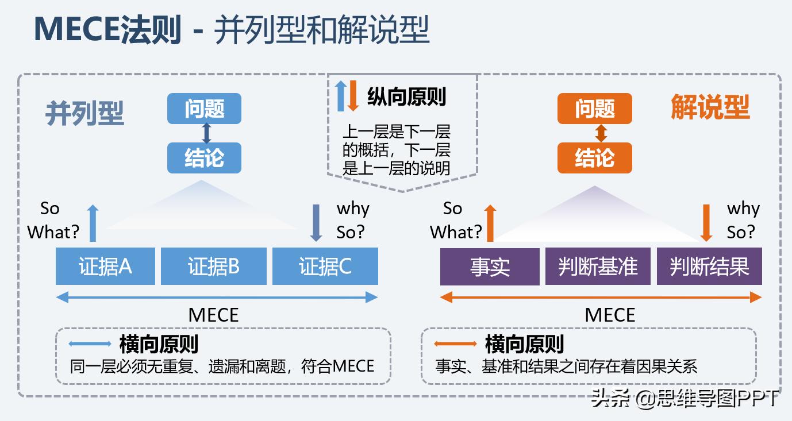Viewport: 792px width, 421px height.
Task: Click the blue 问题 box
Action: point(204,109)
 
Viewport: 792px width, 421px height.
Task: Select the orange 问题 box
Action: point(594,109)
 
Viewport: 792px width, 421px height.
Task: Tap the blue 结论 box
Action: point(204,158)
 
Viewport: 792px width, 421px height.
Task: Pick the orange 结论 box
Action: point(594,158)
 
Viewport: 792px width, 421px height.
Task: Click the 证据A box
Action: point(105,266)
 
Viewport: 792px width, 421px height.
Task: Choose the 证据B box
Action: point(214,266)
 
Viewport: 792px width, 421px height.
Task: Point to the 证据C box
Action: point(325,266)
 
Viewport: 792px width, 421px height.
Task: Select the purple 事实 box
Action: point(490,266)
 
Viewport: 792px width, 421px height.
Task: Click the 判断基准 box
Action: point(598,266)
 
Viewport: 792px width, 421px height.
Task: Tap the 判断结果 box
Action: point(709,266)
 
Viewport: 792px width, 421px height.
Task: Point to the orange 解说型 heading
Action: point(710,107)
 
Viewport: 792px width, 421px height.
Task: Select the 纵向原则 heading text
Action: point(406,96)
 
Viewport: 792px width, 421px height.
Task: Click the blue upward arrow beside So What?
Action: point(93,222)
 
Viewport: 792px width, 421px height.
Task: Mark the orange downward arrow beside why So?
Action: point(706,222)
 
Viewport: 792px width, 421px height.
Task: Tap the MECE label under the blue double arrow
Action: point(213,315)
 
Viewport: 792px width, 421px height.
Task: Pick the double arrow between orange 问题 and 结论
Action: point(601,133)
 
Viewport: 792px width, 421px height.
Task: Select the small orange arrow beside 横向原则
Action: point(455,344)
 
